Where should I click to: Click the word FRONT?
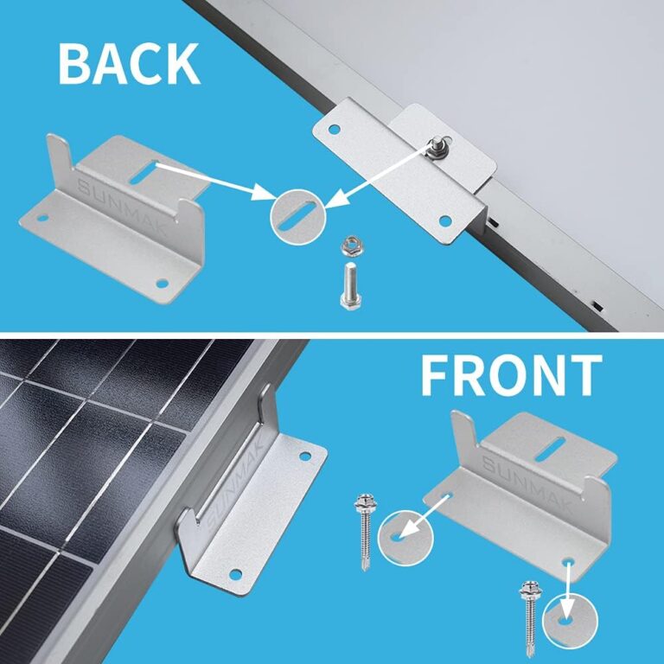510,375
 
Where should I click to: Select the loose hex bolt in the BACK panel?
350,284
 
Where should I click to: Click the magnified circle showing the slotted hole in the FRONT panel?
405,537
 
